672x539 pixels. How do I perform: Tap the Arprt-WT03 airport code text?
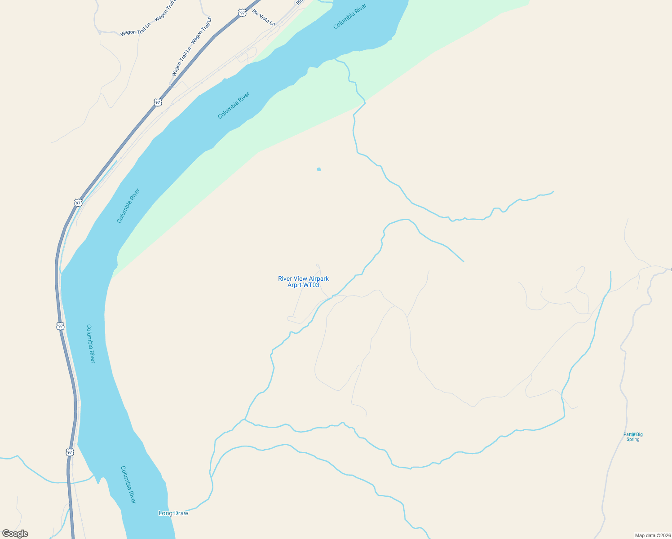[303, 285]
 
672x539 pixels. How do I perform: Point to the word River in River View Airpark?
[286, 279]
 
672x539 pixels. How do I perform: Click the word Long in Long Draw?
[165, 513]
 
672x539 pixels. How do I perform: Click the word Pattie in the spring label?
[629, 434]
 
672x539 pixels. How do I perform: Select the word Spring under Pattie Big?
[633, 439]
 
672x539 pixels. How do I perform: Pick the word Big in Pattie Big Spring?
[639, 434]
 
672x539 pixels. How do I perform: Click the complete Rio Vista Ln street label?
[263, 18]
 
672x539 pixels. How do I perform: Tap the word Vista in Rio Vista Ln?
[264, 18]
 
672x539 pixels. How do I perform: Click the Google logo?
[15, 534]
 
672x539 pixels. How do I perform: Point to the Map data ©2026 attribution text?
[652, 535]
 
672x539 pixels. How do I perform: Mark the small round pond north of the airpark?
[319, 169]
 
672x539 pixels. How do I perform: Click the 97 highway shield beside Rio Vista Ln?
[243, 13]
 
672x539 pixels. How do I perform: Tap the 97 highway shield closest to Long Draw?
[70, 452]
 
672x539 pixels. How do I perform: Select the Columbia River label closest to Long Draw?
[128, 485]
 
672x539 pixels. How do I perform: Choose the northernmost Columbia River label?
[350, 17]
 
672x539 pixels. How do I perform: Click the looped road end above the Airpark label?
[317, 265]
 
